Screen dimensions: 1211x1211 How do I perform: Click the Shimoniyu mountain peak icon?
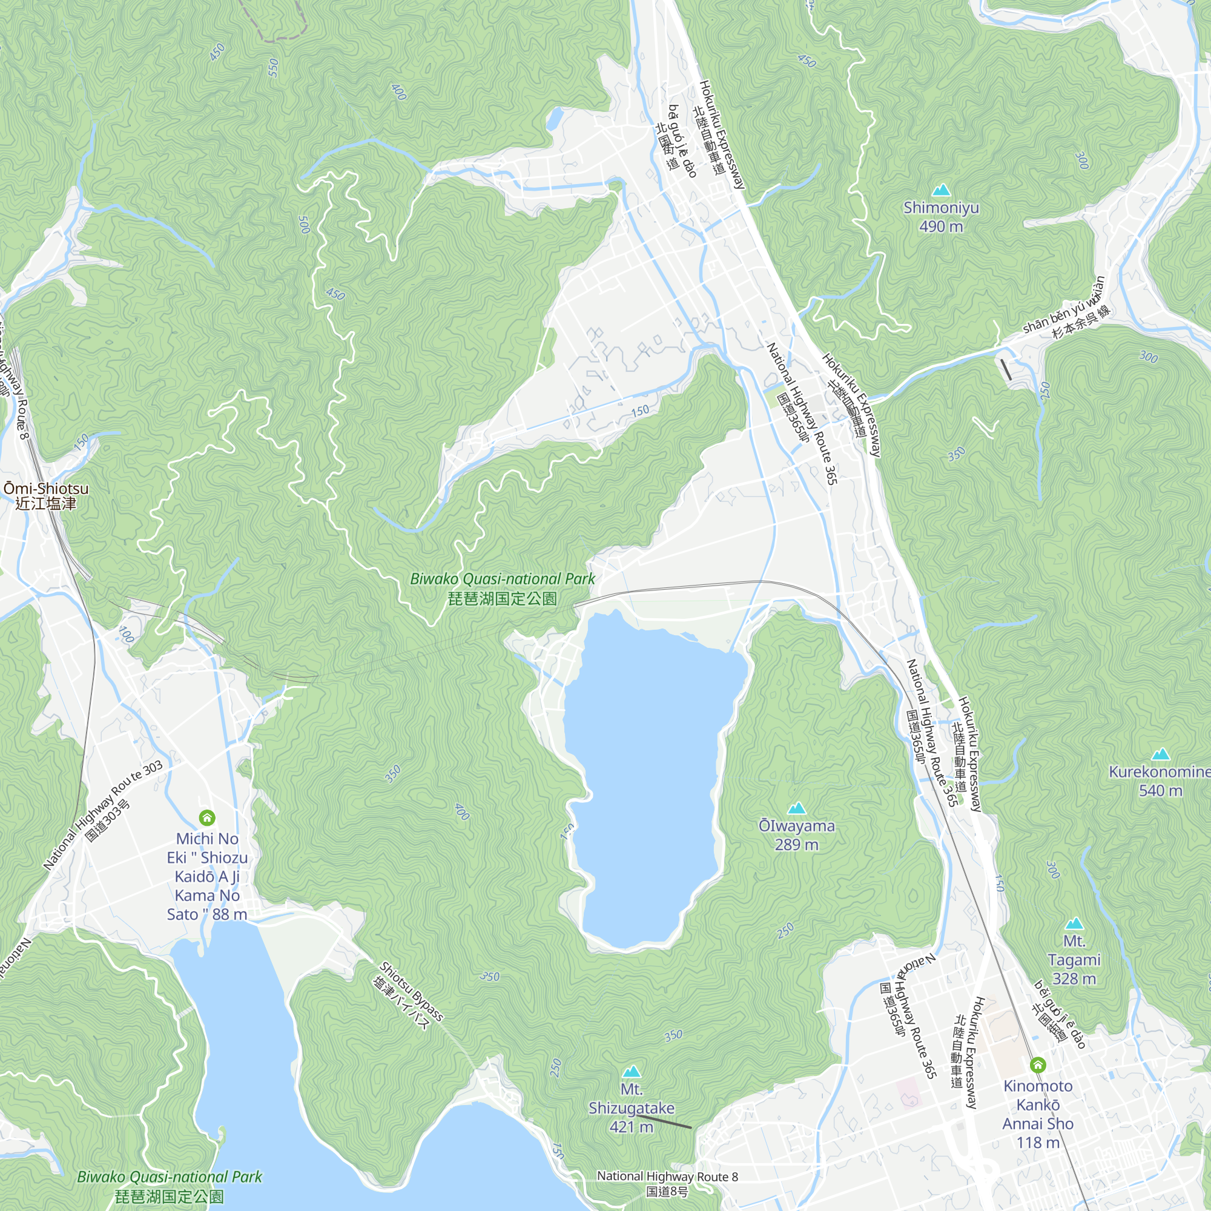tap(941, 190)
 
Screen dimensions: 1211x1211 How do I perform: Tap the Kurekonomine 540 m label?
tap(1160, 781)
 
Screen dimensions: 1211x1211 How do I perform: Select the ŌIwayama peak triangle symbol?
tap(797, 808)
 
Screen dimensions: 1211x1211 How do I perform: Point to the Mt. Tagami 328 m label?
tap(1074, 960)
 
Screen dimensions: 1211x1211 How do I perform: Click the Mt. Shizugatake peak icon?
tap(632, 1071)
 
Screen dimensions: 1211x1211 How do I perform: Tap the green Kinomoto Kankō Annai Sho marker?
tap(1038, 1065)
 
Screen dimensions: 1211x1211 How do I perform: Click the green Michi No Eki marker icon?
tap(207, 817)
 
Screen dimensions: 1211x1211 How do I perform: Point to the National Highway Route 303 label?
tap(104, 815)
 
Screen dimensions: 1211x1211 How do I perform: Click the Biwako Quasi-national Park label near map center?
tap(502, 589)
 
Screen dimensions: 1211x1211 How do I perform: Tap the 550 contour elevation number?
tap(273, 68)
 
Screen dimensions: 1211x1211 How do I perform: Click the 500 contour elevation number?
tap(304, 225)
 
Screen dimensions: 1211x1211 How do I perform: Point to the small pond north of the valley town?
tap(555, 119)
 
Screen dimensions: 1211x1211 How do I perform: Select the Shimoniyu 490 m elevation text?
tap(941, 226)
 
